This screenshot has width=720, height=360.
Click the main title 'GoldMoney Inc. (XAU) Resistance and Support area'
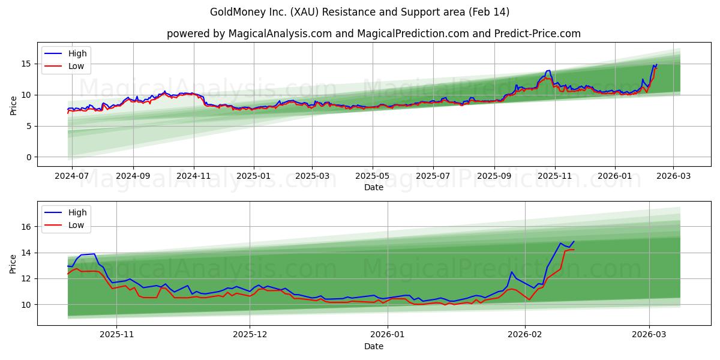pos(359,12)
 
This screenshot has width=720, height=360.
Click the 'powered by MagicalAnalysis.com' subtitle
pos(373,34)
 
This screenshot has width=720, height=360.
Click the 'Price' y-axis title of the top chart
pos(13,106)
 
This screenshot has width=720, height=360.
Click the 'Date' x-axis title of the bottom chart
pos(374,346)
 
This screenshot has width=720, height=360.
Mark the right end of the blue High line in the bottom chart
pos(574,241)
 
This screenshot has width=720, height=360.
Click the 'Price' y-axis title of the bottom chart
pos(13,264)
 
